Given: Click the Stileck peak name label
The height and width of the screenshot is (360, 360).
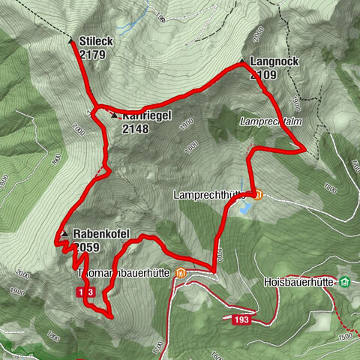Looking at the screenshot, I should tap(97, 41).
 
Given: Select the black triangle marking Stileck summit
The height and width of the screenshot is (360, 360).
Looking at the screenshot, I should tap(71, 40).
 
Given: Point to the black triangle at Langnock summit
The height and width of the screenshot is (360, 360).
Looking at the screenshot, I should tap(241, 61).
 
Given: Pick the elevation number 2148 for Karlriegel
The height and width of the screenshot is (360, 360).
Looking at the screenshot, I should tap(136, 128).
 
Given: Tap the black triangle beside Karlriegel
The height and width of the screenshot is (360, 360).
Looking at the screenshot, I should tap(113, 115).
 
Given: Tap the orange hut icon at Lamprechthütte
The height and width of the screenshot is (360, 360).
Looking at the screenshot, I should tap(258, 196).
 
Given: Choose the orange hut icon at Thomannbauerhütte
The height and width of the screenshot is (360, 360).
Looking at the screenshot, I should tap(180, 272).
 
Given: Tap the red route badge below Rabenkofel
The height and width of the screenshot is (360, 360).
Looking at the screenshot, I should tap(85, 292).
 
